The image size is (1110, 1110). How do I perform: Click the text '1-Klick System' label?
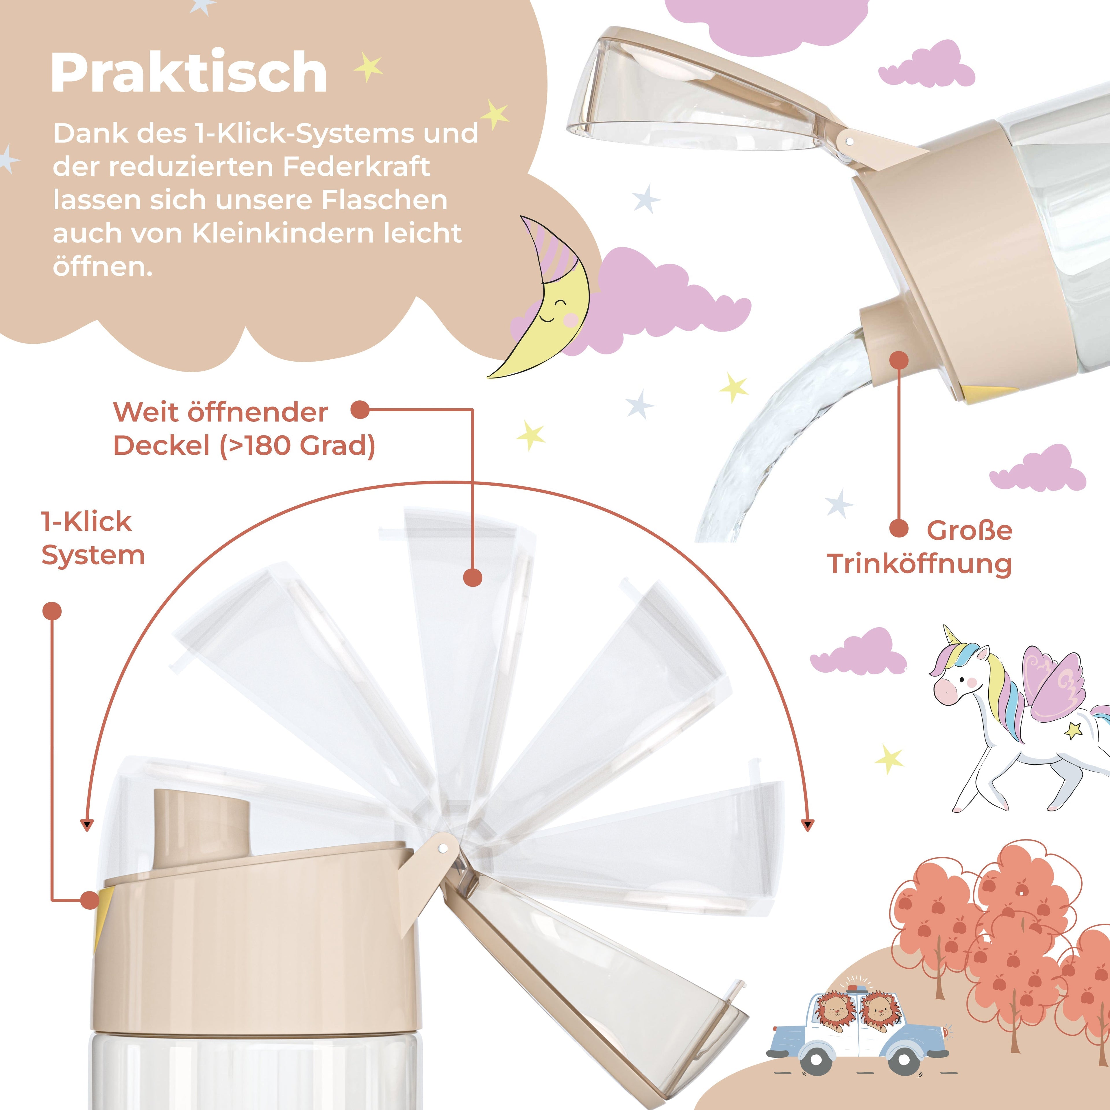pos(92,538)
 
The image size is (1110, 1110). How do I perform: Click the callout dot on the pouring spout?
pos(899,360)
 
